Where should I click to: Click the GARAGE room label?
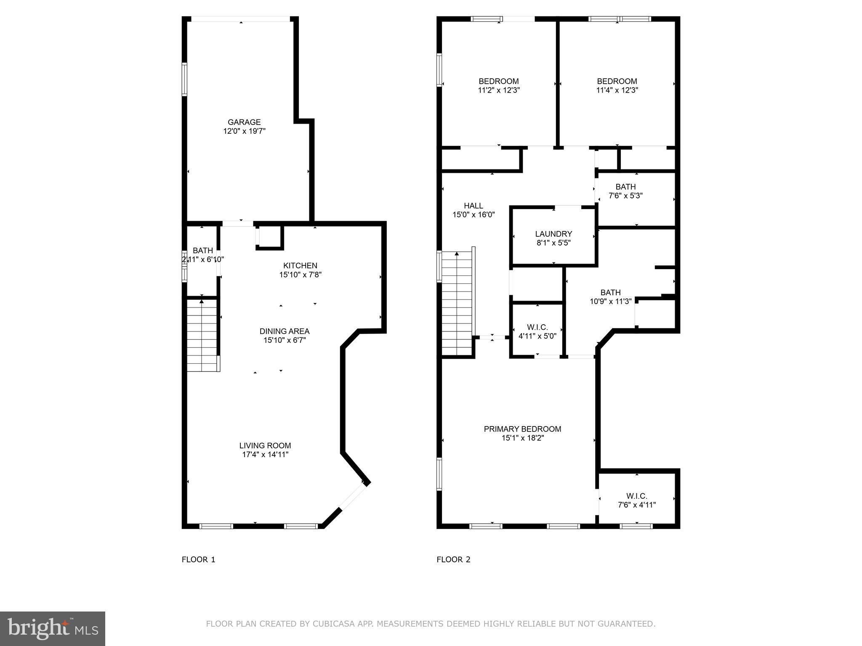[x=244, y=122]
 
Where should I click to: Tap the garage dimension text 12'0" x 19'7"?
[x=244, y=131]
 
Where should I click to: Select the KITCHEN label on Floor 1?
[x=300, y=266]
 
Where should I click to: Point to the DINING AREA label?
[x=284, y=331]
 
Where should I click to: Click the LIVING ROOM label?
[x=265, y=446]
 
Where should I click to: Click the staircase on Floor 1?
[x=202, y=335]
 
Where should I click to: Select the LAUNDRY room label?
[x=553, y=234]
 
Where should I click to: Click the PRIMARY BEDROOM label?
[x=522, y=429]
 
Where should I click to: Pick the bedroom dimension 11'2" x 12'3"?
[x=499, y=90]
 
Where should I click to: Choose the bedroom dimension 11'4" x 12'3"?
[x=617, y=90]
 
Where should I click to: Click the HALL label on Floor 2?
[x=474, y=206]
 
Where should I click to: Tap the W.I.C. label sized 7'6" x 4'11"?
[x=636, y=496]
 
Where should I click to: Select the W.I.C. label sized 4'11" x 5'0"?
[x=537, y=328]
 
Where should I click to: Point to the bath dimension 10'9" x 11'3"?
[x=610, y=302]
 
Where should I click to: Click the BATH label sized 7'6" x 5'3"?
[x=625, y=187]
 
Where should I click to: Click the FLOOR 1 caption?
[x=198, y=559]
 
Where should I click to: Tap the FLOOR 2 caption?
[x=453, y=559]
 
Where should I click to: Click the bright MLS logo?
[x=53, y=628]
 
